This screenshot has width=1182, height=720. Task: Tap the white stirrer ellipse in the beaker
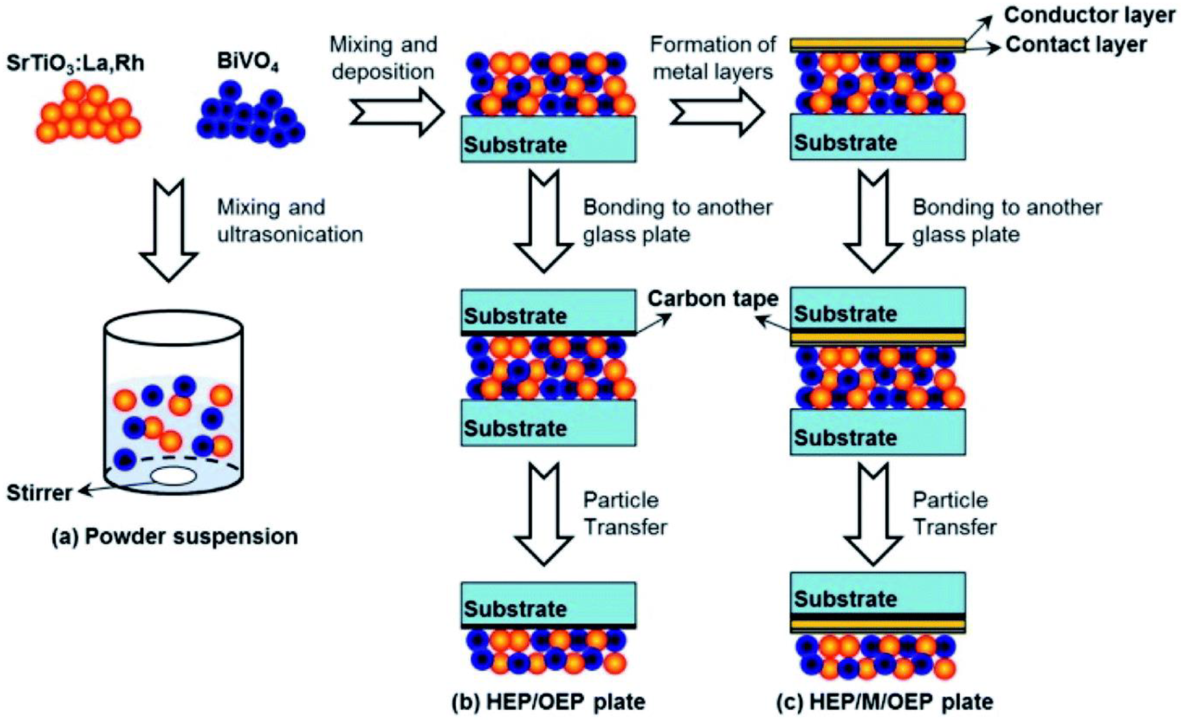point(174,476)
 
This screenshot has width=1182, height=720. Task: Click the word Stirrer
point(39,492)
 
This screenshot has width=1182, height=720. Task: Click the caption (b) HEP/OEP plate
point(548,701)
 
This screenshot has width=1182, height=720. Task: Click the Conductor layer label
point(1089,15)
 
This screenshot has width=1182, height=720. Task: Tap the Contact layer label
point(1076,45)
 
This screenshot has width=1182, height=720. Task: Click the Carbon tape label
point(713,298)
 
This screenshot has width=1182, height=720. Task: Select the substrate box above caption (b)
point(548,603)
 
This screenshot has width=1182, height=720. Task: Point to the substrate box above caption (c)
point(877,593)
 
